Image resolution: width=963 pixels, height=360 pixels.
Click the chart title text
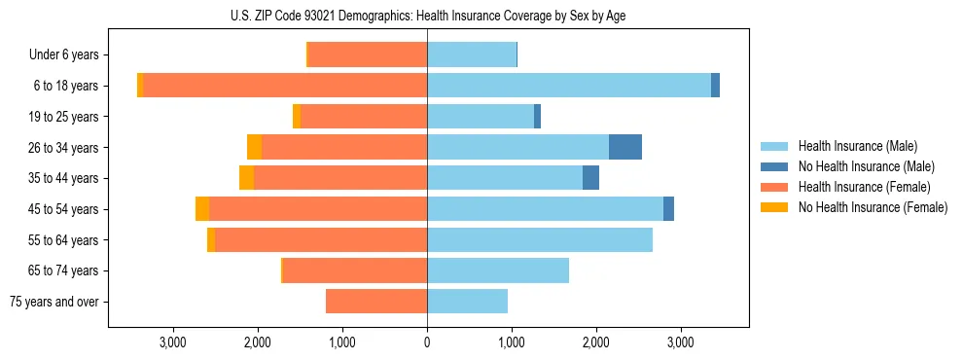coord(428,16)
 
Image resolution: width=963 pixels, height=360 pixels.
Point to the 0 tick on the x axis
coord(427,342)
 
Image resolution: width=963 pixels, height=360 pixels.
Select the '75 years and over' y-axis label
coord(54,302)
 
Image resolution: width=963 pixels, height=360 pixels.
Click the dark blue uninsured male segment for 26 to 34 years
coord(625,147)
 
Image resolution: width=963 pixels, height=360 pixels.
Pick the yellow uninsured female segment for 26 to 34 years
coord(254,147)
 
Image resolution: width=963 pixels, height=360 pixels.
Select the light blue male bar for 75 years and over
coord(467,302)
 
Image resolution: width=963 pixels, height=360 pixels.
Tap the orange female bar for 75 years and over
coord(376,302)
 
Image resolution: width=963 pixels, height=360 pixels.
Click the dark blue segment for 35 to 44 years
coord(590,178)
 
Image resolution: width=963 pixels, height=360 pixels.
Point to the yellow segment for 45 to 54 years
coord(202,209)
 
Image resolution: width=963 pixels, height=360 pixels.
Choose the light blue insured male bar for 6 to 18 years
coord(569,86)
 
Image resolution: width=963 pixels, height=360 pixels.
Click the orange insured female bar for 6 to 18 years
coord(285,86)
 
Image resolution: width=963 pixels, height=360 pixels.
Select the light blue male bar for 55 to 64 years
coord(540,240)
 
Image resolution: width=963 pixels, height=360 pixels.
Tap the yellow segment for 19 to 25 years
coord(297,117)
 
